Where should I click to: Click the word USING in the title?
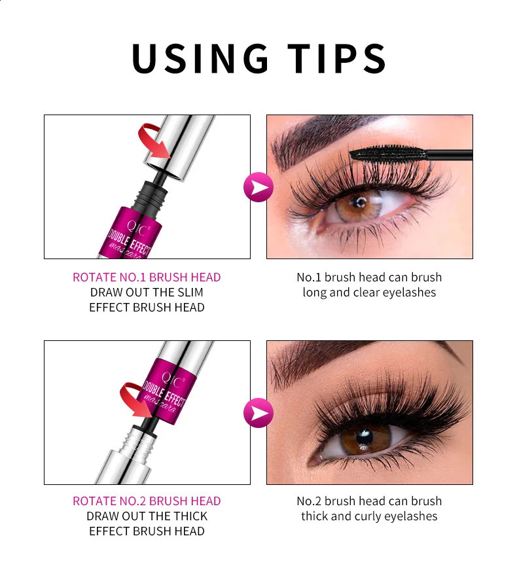point(200,58)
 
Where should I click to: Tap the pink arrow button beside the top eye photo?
point(258,188)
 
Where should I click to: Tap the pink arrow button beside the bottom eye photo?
point(258,413)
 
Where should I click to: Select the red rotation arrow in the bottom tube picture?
point(135,399)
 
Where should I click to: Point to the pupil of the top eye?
point(357,202)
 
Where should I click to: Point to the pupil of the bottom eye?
point(363,436)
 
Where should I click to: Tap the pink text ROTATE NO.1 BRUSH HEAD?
point(147,277)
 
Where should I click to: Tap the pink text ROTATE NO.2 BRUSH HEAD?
point(147,501)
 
